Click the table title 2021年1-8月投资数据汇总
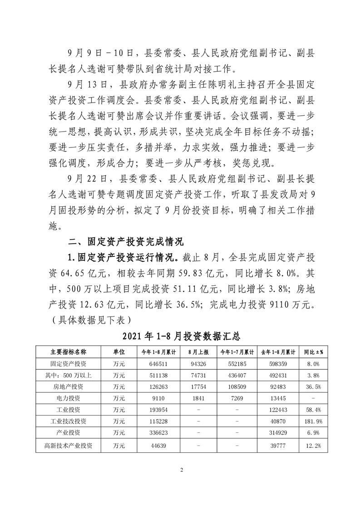tap(181, 337)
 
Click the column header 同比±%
tap(313, 352)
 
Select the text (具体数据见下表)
tap(91, 320)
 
